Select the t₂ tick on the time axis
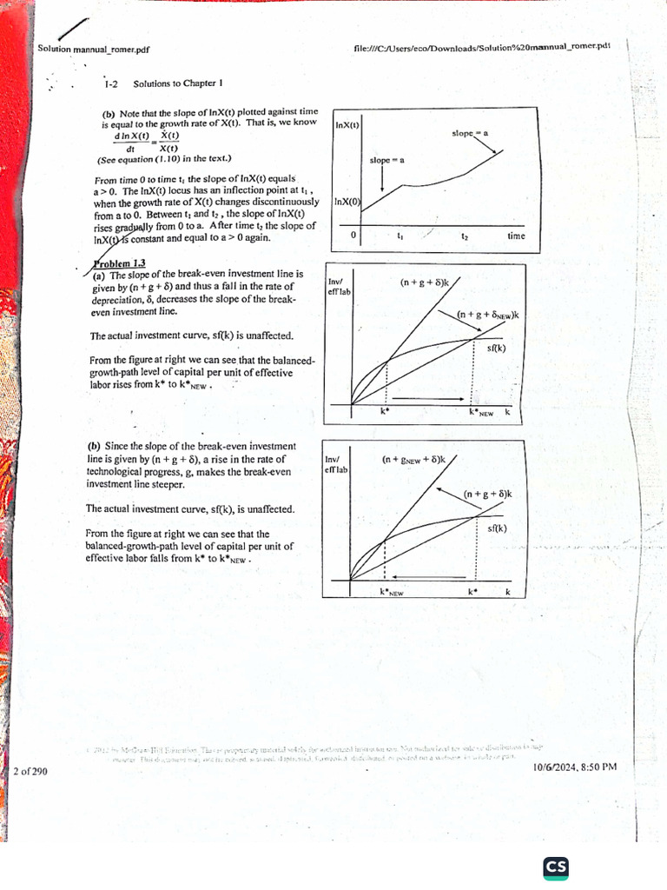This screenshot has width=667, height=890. [466, 236]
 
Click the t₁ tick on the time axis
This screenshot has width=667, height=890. [400, 236]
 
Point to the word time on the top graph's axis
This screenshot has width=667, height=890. [516, 236]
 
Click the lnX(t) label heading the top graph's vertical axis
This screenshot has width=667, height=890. [347, 125]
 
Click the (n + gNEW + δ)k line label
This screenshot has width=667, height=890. [413, 459]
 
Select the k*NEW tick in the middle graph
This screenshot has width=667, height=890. [480, 413]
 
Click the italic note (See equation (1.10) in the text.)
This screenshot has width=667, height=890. [164, 159]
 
